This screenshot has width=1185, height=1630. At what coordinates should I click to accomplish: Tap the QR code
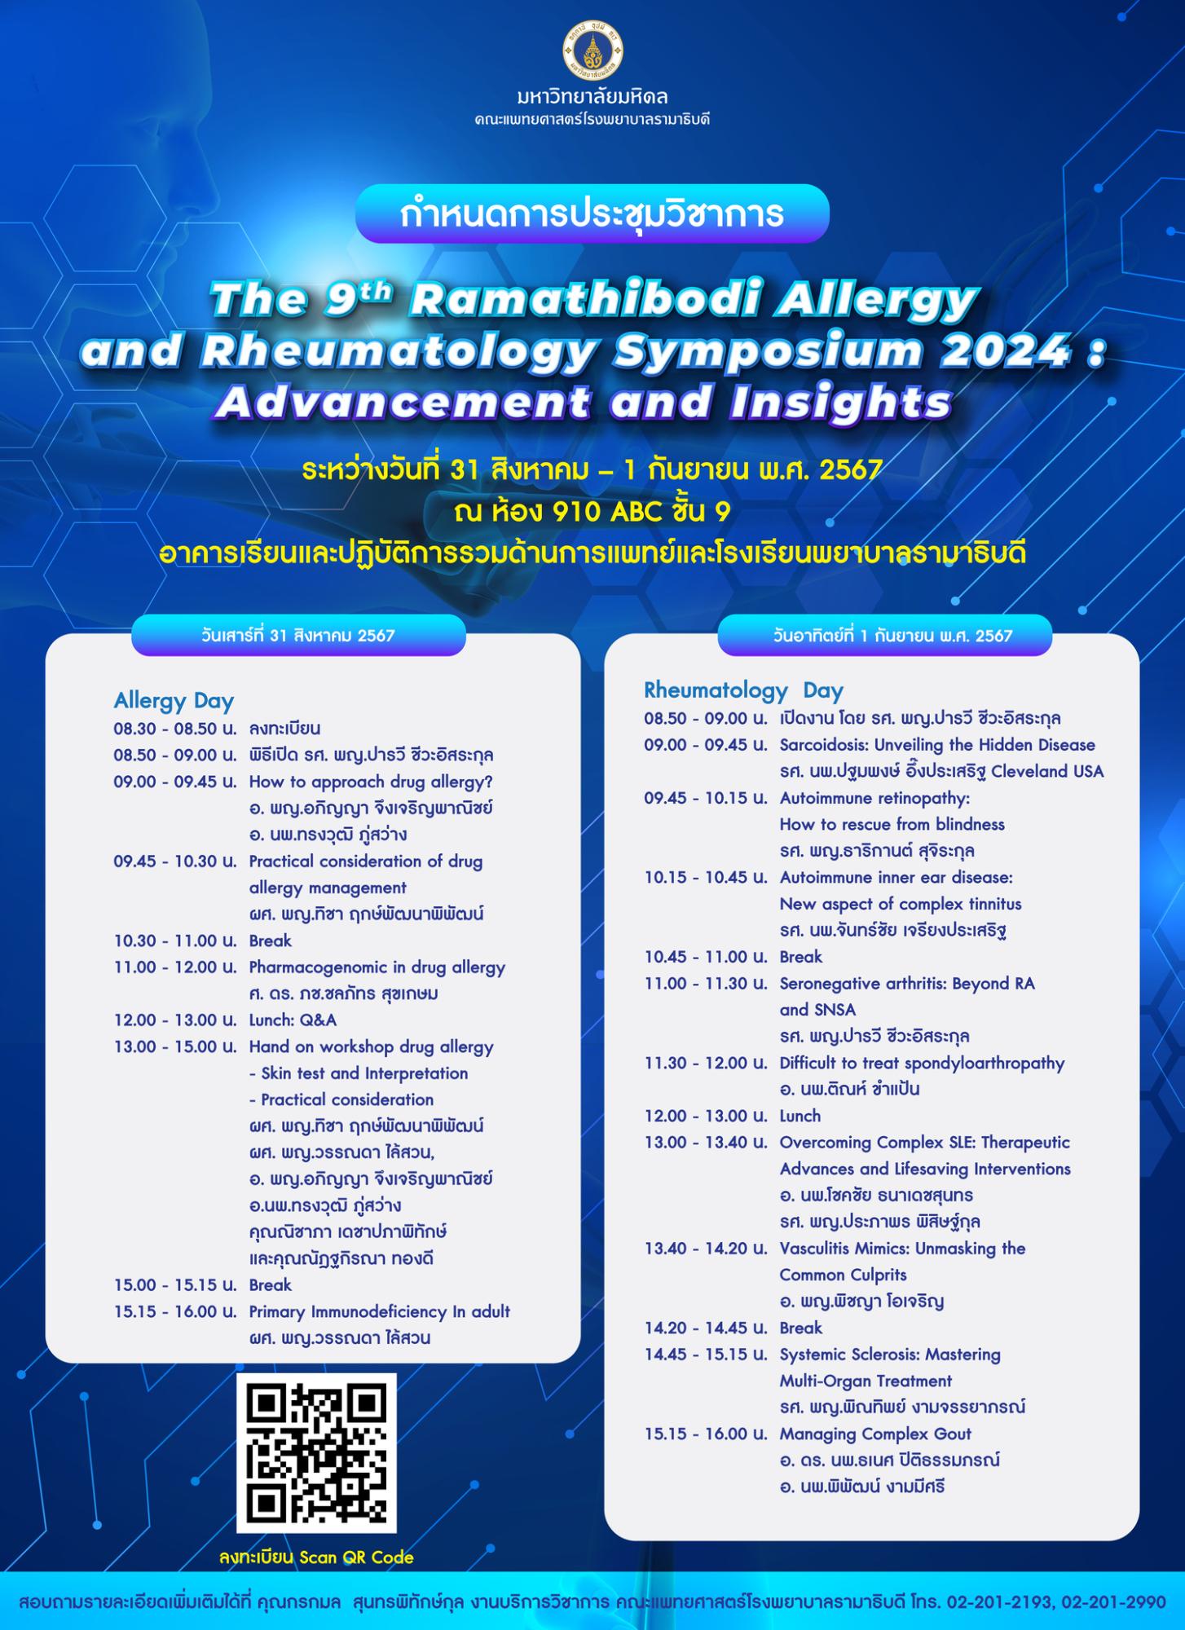(x=316, y=1452)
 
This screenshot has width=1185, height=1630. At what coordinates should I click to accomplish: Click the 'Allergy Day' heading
(x=174, y=701)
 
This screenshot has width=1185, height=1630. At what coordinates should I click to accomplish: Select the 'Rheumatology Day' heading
(x=743, y=690)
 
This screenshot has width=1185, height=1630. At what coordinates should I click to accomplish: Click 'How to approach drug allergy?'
(x=371, y=782)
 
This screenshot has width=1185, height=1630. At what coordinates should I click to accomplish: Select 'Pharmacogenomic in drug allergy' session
(x=377, y=968)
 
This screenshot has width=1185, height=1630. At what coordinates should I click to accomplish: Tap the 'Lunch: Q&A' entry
(x=293, y=1020)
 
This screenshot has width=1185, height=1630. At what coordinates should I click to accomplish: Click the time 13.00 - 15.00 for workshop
(x=175, y=1047)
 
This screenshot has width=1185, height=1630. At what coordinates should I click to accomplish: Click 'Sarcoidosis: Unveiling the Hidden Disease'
(x=937, y=745)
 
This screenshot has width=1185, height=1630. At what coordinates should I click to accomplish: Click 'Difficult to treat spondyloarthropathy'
(x=922, y=1064)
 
